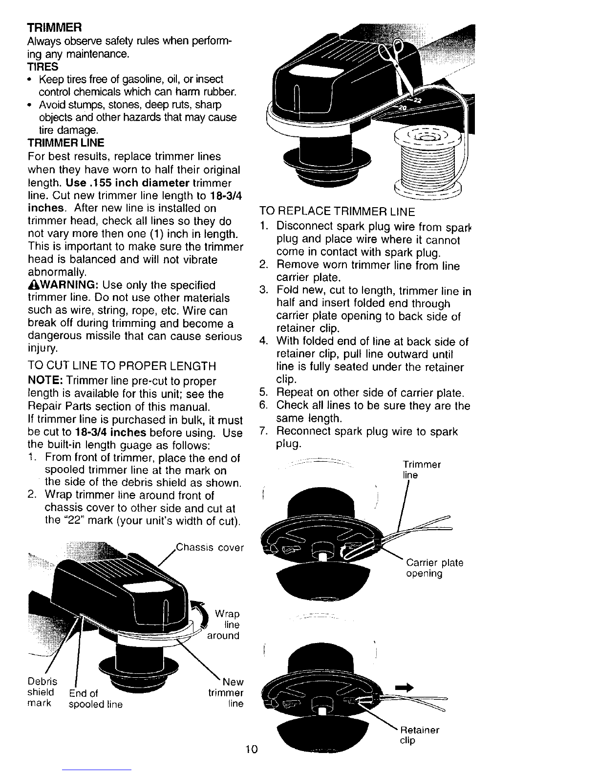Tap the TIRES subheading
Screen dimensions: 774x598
point(43,66)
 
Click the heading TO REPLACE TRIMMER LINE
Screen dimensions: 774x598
point(337,212)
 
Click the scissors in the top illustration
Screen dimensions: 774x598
point(397,64)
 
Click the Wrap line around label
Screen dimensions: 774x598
point(224,624)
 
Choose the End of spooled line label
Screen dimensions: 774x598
point(95,699)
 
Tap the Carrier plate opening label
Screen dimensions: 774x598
point(434,568)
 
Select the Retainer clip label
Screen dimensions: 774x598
point(419,735)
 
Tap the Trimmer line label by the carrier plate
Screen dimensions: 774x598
point(422,469)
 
